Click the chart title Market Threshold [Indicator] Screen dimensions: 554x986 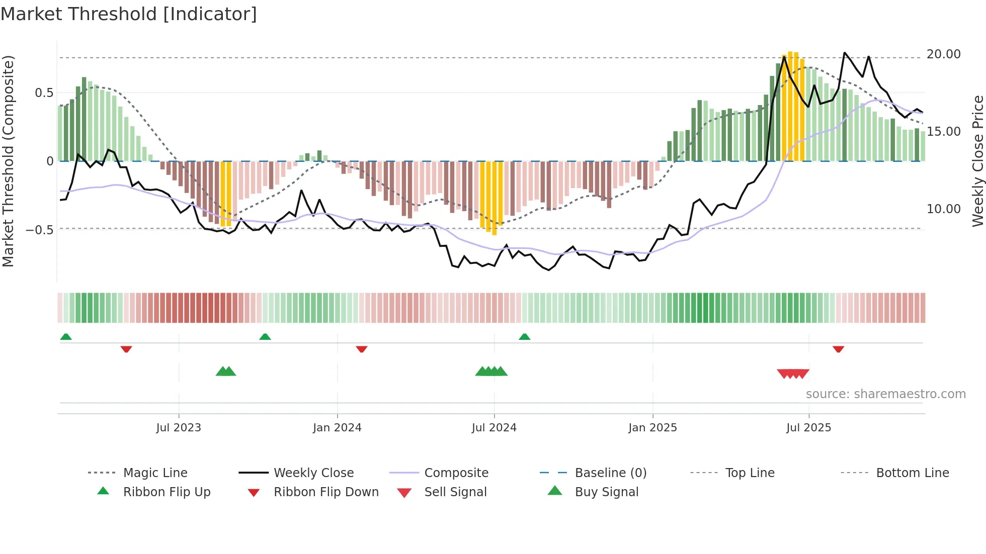129,14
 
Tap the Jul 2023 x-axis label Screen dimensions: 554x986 179,428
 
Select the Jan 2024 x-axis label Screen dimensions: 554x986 337,428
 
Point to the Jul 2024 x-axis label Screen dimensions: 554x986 494,428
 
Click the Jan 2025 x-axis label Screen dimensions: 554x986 652,428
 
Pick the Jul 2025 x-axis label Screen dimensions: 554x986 808,428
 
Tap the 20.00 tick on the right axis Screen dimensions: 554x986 943,54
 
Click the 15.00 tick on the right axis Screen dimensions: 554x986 943,132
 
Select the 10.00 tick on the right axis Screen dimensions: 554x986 943,209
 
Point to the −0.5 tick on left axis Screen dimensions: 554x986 39,230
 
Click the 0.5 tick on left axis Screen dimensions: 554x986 44,93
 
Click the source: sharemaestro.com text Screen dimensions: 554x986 885,394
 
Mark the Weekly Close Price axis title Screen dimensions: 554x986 977,161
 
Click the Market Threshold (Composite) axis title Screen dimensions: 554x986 8,161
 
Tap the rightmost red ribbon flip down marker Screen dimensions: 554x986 838,349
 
